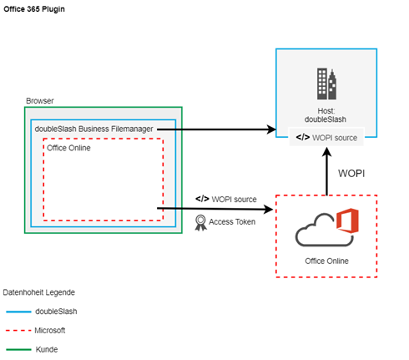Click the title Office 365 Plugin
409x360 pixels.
click(x=34, y=9)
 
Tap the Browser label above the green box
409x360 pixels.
click(x=40, y=100)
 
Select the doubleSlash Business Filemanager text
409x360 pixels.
click(x=93, y=129)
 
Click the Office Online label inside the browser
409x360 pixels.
click(x=68, y=148)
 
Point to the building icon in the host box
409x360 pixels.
click(x=326, y=84)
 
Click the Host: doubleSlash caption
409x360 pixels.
click(x=326, y=115)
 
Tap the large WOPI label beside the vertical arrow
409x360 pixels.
click(x=351, y=174)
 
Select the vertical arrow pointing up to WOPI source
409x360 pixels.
click(x=327, y=171)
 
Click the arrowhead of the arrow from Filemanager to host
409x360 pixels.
click(x=271, y=129)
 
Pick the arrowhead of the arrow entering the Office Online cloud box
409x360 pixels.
click(x=269, y=209)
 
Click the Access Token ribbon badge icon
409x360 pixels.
click(x=200, y=223)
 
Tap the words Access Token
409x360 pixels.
click(x=232, y=221)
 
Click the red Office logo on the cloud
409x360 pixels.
click(x=347, y=221)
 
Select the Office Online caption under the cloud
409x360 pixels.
click(x=326, y=261)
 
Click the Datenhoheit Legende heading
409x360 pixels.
click(x=39, y=292)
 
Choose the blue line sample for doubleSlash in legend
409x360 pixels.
click(x=18, y=312)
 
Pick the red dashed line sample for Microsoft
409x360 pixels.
click(x=18, y=331)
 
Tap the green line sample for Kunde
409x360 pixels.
click(x=18, y=349)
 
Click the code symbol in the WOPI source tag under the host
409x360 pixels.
click(x=303, y=137)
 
